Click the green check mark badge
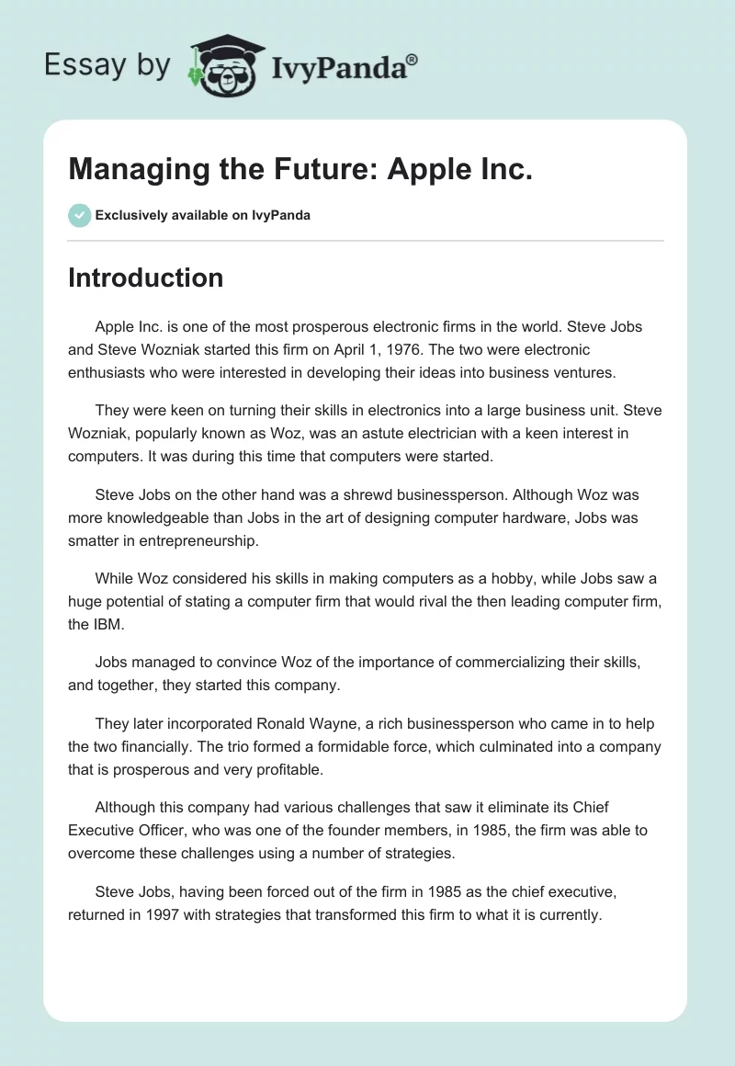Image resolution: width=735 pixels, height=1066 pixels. (79, 215)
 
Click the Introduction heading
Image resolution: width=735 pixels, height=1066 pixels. (145, 278)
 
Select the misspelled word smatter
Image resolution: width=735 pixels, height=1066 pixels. (97, 541)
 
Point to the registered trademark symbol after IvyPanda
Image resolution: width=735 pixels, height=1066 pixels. (413, 59)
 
